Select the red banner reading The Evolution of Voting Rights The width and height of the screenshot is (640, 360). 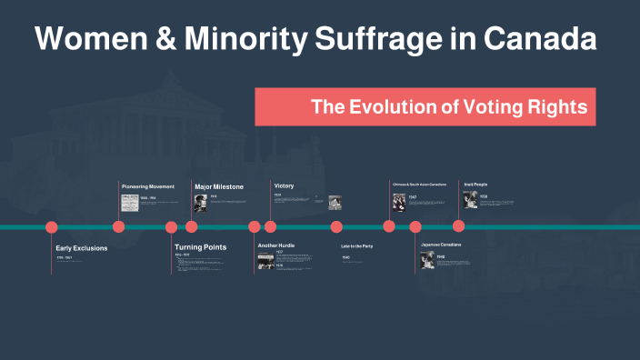point(425,106)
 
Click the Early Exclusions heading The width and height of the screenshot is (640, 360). point(81,247)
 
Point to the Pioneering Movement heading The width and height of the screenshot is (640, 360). point(147,186)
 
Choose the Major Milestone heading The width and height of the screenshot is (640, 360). point(219,186)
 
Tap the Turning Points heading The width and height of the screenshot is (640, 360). point(200,247)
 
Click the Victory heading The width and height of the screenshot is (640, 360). point(284,186)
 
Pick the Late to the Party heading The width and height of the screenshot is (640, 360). point(356,246)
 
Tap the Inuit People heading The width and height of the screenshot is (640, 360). point(475,185)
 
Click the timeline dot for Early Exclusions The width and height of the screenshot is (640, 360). point(52,227)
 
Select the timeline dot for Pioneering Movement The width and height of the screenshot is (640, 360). point(118,227)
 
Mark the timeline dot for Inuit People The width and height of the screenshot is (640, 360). point(458,226)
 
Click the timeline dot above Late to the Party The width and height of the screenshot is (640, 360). point(336,227)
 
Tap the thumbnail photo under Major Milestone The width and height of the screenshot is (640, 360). point(200,203)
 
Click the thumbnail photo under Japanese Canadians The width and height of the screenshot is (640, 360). point(427,261)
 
